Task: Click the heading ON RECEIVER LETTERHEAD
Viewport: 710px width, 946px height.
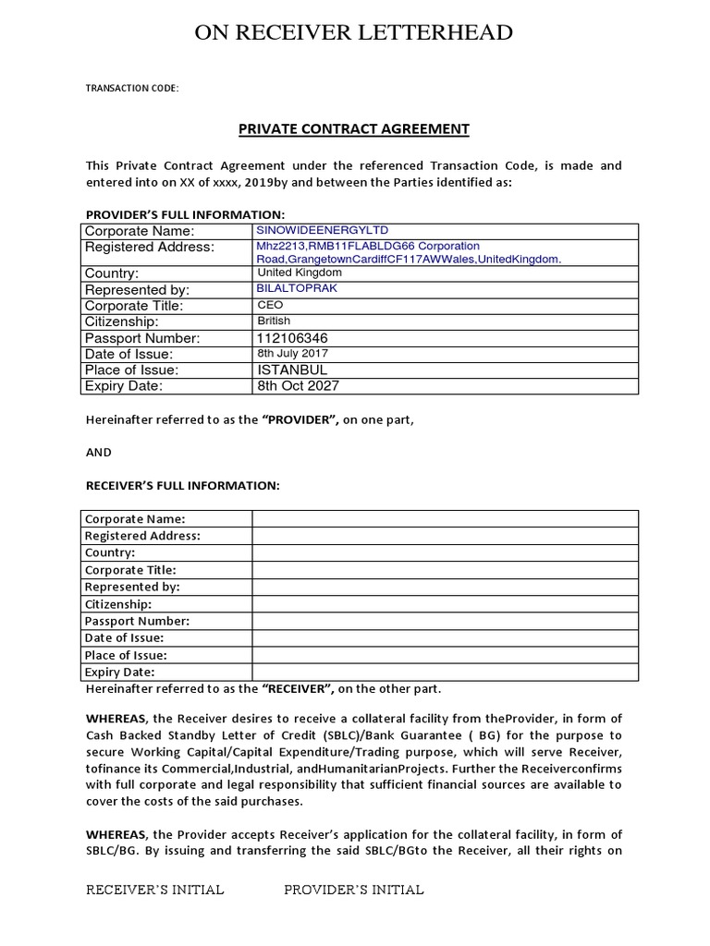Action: click(353, 34)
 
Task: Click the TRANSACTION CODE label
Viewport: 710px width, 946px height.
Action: click(131, 89)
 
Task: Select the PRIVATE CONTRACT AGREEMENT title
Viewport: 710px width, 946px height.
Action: click(354, 129)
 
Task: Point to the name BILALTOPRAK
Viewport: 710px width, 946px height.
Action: click(298, 288)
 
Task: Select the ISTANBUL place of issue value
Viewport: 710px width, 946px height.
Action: click(292, 370)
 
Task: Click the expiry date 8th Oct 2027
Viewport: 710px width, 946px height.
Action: click(298, 385)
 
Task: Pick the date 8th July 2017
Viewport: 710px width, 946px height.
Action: click(292, 354)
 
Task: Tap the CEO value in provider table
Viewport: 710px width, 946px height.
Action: click(270, 305)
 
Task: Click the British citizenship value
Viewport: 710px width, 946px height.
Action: click(274, 321)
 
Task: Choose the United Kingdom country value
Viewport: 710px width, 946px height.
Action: click(300, 273)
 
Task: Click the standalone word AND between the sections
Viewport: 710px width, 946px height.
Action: click(98, 452)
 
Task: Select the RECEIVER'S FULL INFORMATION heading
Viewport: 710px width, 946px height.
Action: click(182, 485)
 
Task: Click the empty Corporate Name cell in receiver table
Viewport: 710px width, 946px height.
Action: click(444, 518)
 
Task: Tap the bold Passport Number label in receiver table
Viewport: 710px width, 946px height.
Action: click(137, 621)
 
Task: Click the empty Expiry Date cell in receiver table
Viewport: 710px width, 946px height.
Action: click(444, 672)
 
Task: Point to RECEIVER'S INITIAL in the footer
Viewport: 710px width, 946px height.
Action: click(154, 890)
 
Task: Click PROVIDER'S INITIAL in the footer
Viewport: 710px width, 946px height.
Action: click(353, 890)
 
